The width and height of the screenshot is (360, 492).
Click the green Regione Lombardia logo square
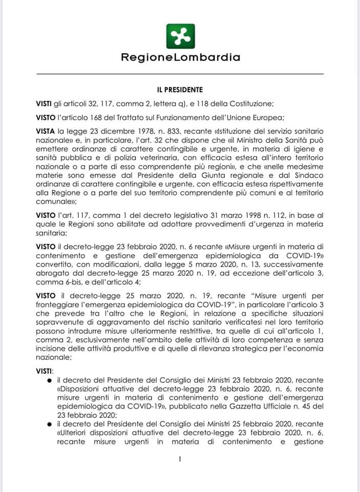pos(180,36)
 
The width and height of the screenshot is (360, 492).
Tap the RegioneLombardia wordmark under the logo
pos(180,57)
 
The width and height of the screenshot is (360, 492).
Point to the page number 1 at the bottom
pos(180,459)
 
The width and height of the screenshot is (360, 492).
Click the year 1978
pos(145,131)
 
